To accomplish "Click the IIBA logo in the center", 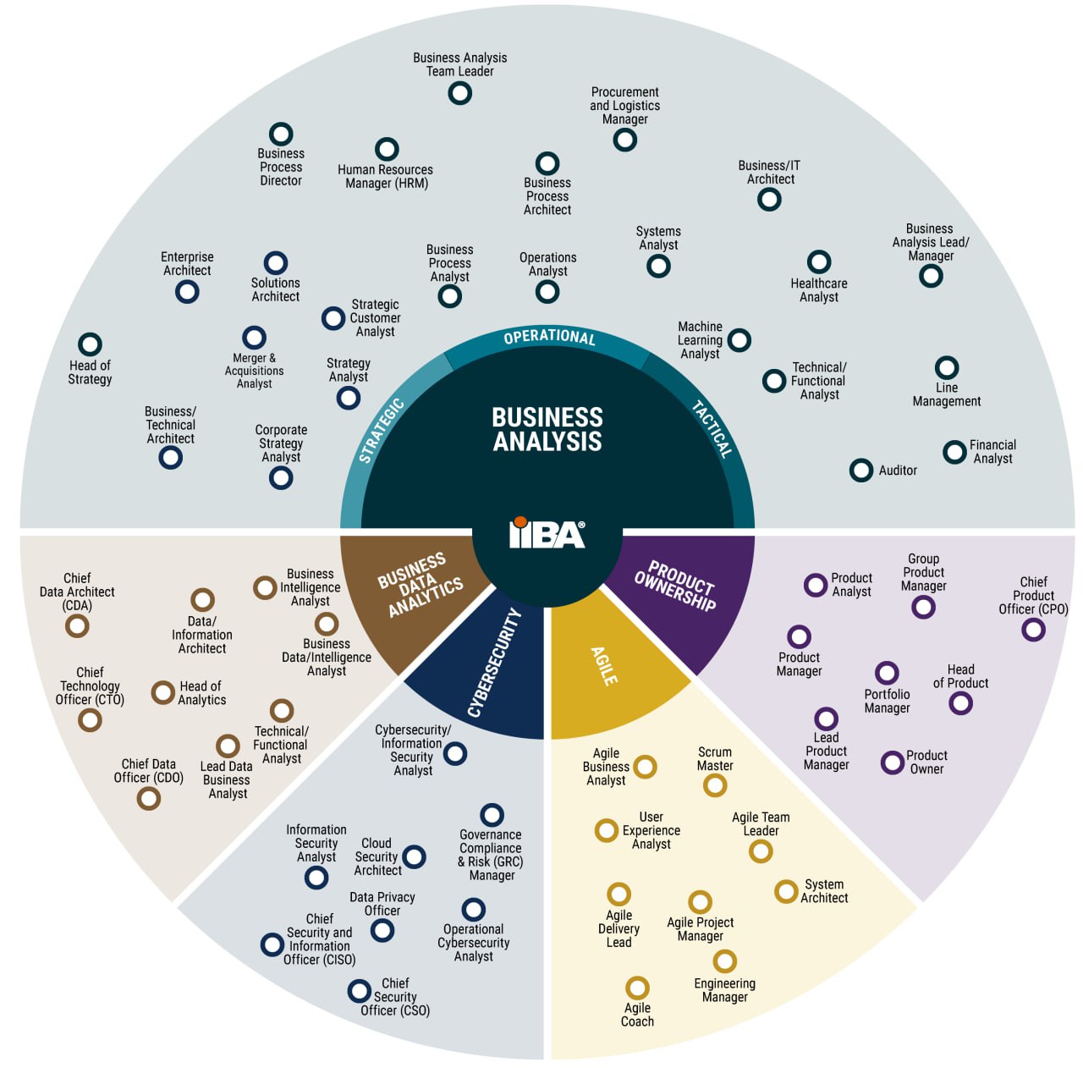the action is [x=547, y=532].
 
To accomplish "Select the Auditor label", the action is [x=898, y=471].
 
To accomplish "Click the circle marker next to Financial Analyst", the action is [x=954, y=452].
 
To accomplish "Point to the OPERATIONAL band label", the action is [x=549, y=337].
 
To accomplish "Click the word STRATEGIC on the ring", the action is [x=382, y=430].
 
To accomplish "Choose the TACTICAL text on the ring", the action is [x=712, y=429].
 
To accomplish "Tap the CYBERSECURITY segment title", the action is [x=494, y=663].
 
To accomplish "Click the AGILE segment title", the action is [x=604, y=666].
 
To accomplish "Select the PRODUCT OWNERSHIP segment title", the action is [x=675, y=586].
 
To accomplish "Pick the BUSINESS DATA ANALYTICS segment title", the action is [x=421, y=585].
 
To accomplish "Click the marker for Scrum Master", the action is [x=715, y=785].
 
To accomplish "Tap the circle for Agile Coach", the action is [x=637, y=988].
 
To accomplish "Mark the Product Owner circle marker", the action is [x=892, y=762].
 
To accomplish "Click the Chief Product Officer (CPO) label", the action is [x=1033, y=595].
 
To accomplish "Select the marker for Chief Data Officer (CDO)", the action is [x=149, y=798].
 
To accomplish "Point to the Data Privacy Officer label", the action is [x=382, y=903].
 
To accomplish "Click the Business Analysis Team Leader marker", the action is [x=459, y=93].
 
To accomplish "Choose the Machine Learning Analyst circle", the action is [x=739, y=340].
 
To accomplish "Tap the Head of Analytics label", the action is [x=201, y=693].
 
